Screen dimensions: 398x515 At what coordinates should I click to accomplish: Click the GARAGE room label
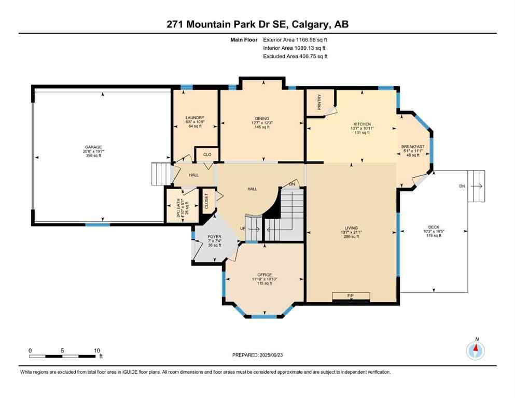93,147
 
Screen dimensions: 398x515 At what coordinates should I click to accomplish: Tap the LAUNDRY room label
195,118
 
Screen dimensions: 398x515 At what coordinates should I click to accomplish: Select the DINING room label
261,119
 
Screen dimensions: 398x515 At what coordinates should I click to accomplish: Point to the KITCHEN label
362,124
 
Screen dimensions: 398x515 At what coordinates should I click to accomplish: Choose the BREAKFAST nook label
413,147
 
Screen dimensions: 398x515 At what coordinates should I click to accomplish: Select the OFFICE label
265,275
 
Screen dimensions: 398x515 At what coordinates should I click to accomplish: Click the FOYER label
214,236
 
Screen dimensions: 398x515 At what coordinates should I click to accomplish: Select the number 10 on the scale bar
96,350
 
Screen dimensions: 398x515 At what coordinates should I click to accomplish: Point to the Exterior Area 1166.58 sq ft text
296,39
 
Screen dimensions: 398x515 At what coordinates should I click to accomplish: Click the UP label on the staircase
242,228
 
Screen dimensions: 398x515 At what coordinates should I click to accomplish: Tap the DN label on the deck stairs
462,186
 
